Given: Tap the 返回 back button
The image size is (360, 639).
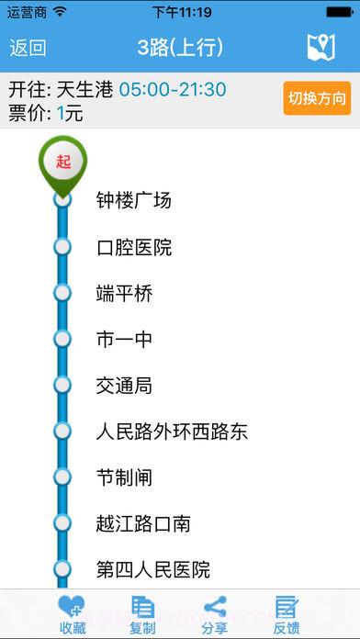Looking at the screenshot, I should coord(28,48).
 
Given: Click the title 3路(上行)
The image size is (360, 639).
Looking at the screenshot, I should coord(180,48).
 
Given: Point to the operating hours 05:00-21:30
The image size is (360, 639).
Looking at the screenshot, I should coord(173,90).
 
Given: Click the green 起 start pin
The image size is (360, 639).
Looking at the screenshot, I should coord(62,163).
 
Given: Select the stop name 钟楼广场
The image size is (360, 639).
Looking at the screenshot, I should coord(134,200).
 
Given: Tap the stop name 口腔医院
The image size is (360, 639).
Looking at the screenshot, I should coord(134,247).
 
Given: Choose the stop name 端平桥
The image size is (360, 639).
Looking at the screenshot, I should coord(124,294).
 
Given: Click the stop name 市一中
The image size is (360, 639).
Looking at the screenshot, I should coord(124,340).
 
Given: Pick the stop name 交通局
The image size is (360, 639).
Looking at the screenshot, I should coord(124,386).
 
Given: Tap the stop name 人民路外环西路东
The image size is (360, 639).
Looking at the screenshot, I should coord(172,432).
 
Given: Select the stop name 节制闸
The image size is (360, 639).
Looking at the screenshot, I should coord(124,477).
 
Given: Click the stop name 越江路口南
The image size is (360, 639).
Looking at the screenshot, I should coord(143,523).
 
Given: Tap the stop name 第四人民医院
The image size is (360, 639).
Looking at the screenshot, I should coord(153,569).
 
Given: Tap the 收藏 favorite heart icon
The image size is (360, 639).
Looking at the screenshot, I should coord(72,608).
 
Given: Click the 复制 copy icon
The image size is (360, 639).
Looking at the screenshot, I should coord(142,608).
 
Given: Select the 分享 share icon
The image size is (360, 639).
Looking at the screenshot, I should coord(215,608).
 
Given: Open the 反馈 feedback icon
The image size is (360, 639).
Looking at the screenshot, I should coord(287,608).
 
